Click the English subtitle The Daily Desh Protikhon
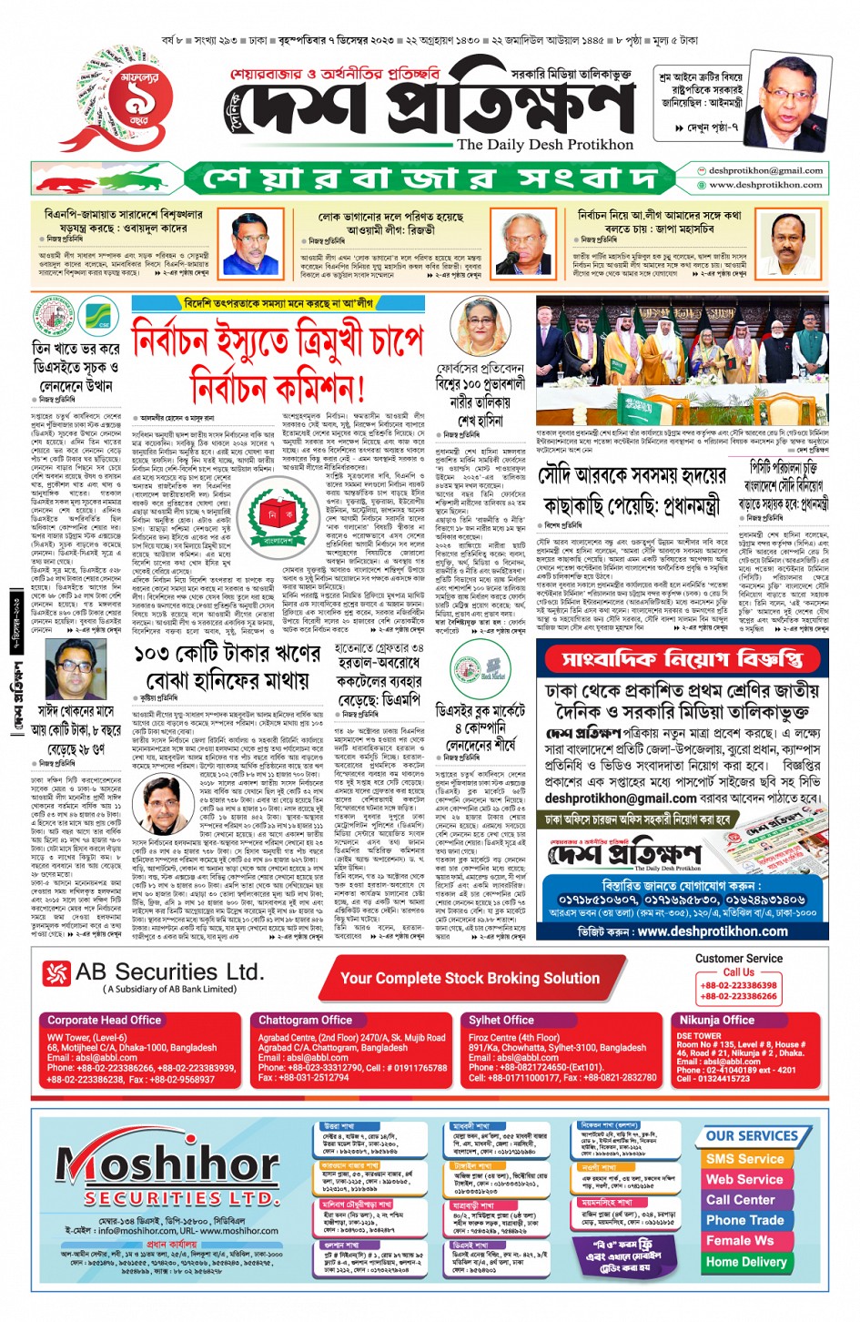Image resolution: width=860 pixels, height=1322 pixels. coord(544,144)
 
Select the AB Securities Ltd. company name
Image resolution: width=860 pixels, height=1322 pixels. coord(169,972)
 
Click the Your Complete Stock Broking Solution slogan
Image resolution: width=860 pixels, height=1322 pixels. coord(470,978)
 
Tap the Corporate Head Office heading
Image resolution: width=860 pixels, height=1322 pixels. coord(104,1020)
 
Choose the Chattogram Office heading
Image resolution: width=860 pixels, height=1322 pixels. coord(305,1020)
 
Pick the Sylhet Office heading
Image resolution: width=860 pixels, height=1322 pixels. coord(501,1020)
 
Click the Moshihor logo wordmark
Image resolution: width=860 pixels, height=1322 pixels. coord(167,1165)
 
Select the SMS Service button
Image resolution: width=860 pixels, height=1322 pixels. coord(744,1159)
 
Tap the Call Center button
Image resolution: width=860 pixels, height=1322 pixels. coord(741,1200)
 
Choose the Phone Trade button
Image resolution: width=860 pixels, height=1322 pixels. coord(744,1220)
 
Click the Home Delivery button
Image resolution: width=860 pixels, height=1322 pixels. coord(745,1262)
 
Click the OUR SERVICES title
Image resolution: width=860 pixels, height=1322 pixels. coord(752,1136)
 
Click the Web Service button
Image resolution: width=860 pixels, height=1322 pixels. coord(744,1179)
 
